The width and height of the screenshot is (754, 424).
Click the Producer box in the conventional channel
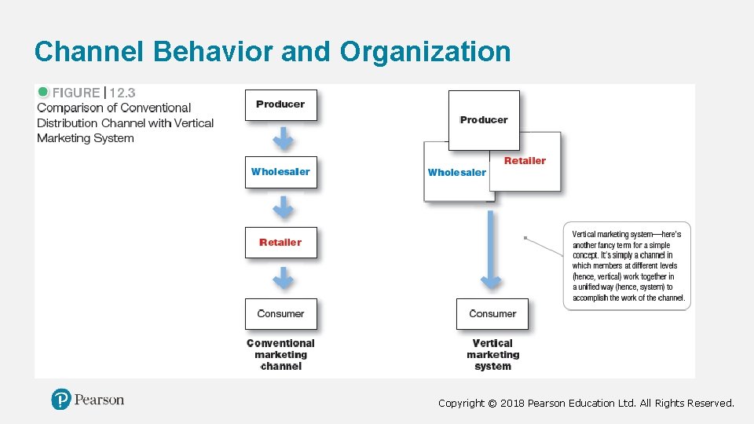[x=280, y=104]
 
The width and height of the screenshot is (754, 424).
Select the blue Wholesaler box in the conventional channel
[x=280, y=172]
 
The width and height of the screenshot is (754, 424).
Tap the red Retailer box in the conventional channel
[x=280, y=243]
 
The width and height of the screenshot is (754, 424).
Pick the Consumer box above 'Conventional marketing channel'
[x=280, y=314]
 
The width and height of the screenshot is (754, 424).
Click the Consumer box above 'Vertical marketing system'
[x=492, y=314]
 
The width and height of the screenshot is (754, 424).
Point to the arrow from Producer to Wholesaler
[x=283, y=138]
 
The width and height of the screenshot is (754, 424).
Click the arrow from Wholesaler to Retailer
[x=283, y=207]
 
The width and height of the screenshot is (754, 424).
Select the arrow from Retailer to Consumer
[x=283, y=277]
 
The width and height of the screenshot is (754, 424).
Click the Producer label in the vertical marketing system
[x=484, y=120]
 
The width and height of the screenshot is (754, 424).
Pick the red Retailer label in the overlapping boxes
[x=525, y=161]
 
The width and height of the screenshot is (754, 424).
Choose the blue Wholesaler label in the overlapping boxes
[x=457, y=173]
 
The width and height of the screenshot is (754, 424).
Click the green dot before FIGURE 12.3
[x=43, y=92]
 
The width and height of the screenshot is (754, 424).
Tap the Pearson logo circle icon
[x=61, y=400]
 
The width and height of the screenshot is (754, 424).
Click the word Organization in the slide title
[x=425, y=52]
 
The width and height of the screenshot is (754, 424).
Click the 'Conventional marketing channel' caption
[x=280, y=355]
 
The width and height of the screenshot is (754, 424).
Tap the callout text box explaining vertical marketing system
[x=628, y=266]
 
